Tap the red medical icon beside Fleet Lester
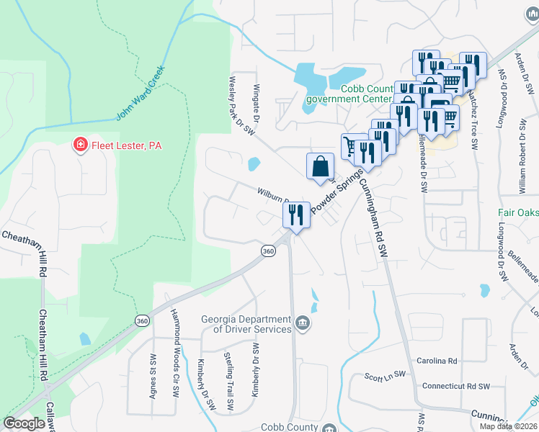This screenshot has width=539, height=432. pyautogui.click(x=79, y=145)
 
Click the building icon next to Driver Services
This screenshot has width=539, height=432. pyautogui.click(x=303, y=323)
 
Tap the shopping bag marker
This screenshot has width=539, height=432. pyautogui.click(x=319, y=166)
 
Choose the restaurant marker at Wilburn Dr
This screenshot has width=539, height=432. pyautogui.click(x=296, y=215)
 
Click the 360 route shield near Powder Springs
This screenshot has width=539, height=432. pyautogui.click(x=268, y=251)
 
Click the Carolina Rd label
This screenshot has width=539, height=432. pyautogui.click(x=437, y=361)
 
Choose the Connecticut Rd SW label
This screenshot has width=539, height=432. pyautogui.click(x=455, y=387)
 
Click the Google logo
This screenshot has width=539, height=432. pyautogui.click(x=24, y=423)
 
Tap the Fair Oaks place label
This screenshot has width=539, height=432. pyautogui.click(x=518, y=212)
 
